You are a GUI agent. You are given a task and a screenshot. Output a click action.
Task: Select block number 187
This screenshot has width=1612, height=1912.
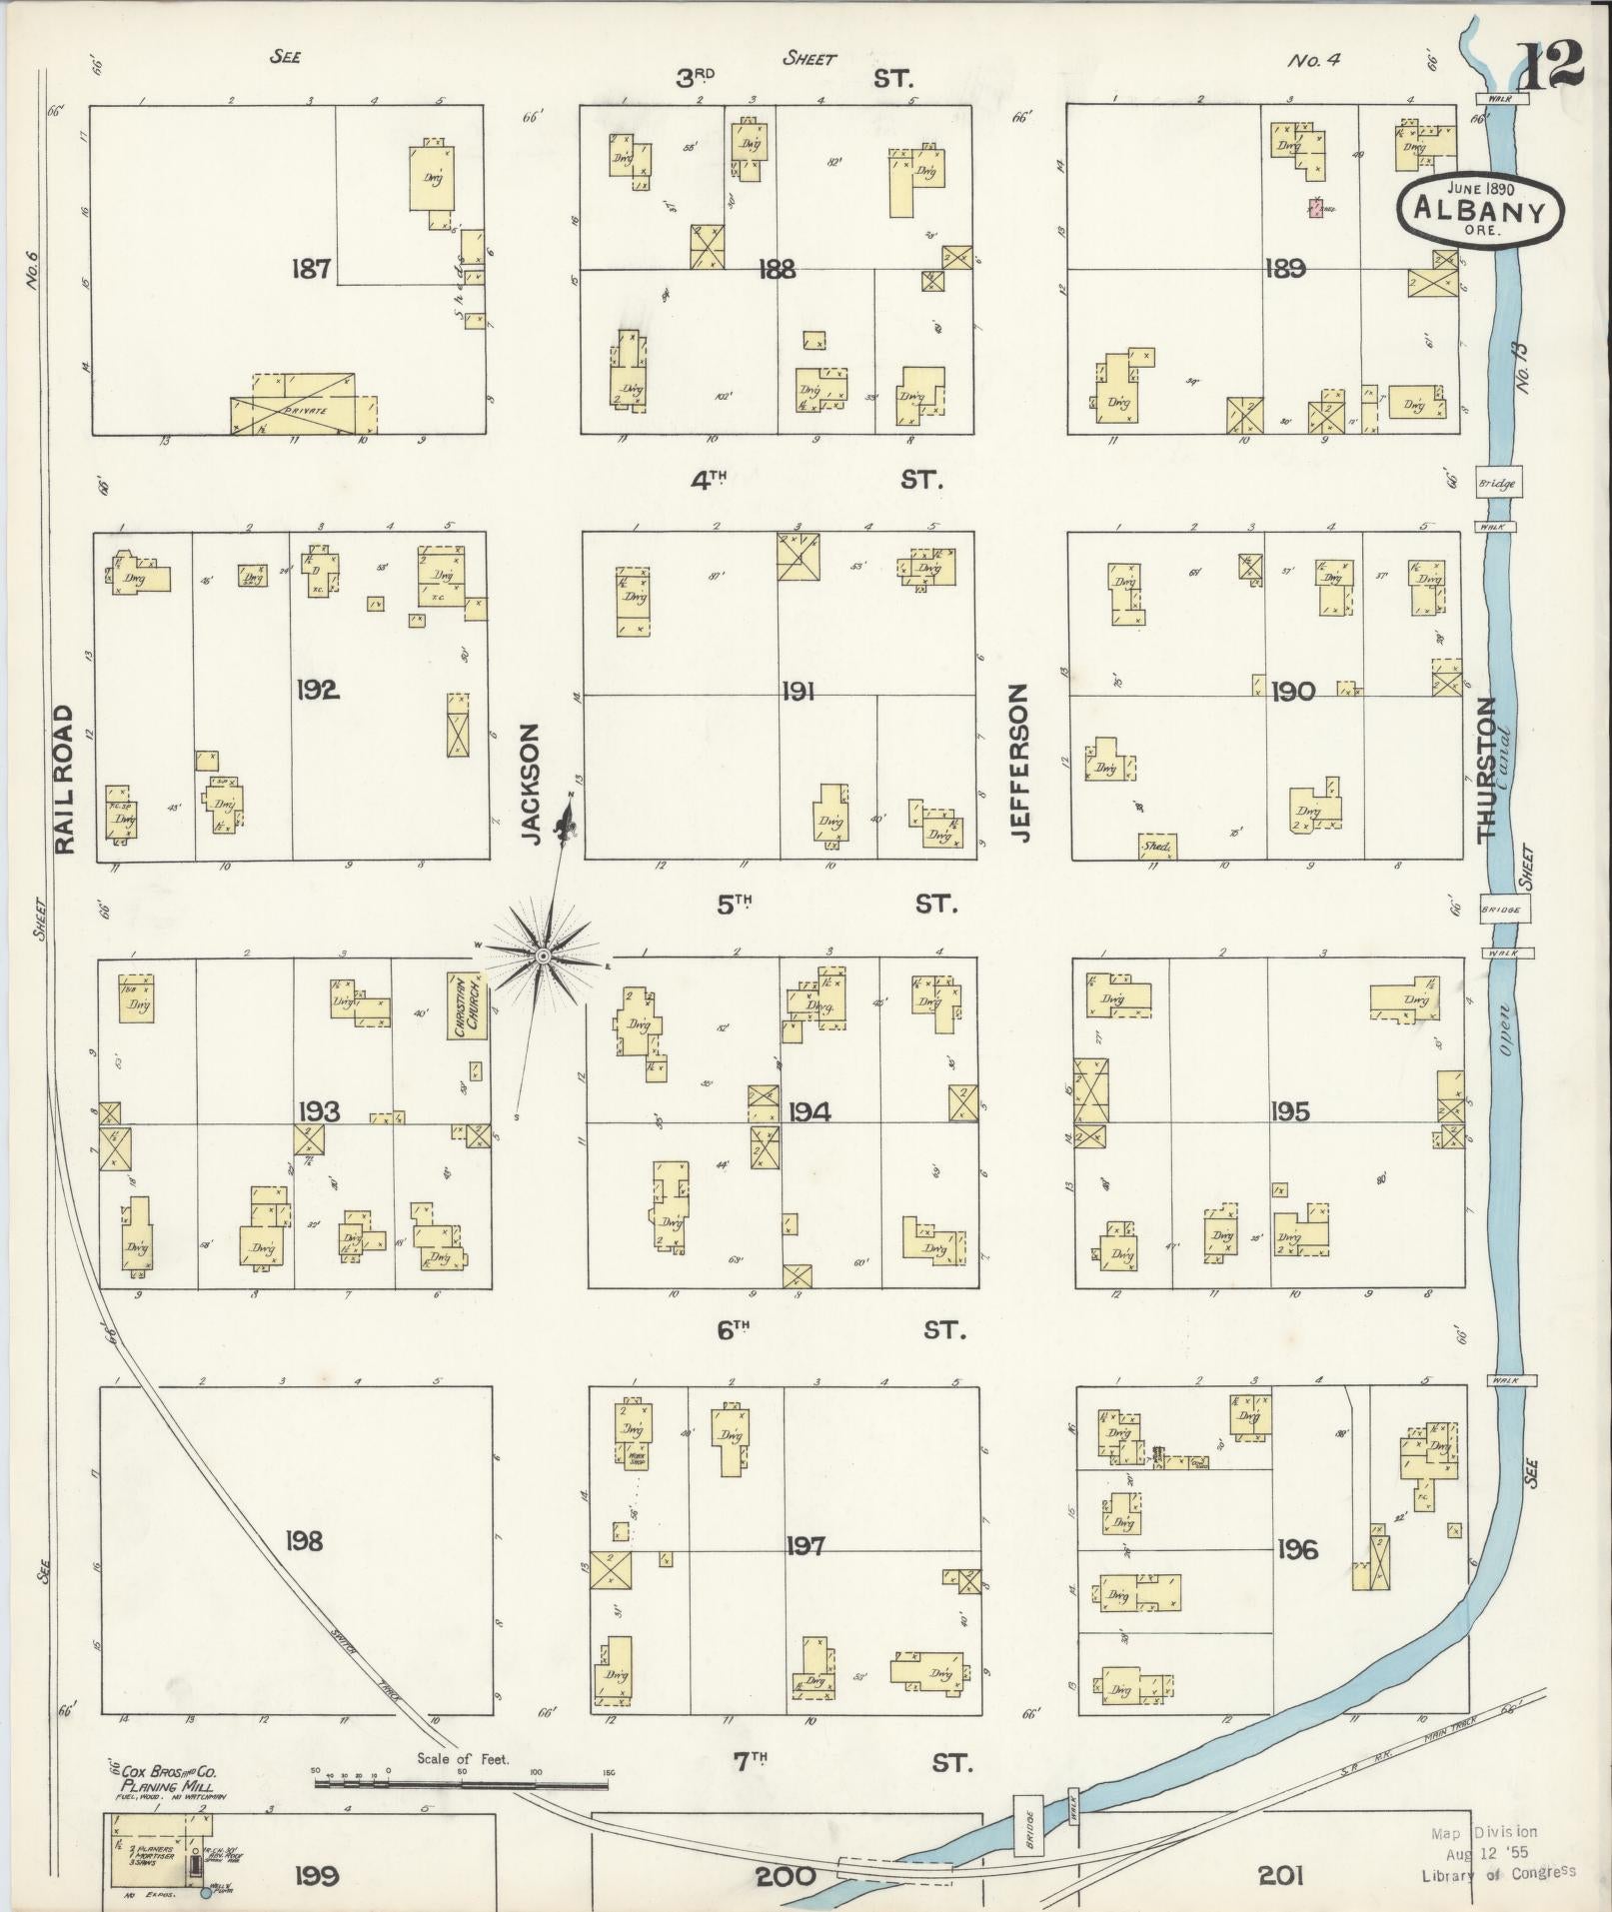312,268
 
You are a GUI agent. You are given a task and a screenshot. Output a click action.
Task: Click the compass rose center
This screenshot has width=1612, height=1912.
543,956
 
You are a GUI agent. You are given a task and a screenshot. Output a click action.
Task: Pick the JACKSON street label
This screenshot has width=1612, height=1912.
531,785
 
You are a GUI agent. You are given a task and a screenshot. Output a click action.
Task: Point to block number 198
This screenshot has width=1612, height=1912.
304,1540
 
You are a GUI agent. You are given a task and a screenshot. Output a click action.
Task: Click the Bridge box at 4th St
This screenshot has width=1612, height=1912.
1498,483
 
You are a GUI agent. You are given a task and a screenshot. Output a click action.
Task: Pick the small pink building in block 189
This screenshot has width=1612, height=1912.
1315,209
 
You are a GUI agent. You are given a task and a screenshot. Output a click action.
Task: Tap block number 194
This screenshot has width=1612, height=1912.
808,1111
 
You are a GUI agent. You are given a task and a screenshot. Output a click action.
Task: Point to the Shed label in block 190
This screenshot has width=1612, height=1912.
1157,847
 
